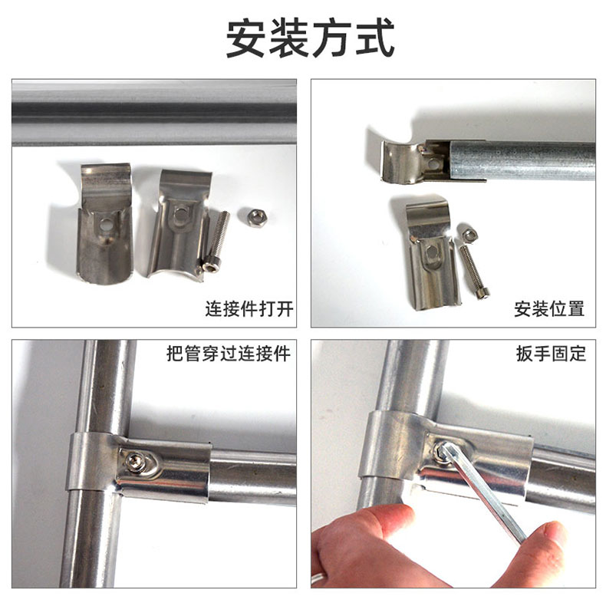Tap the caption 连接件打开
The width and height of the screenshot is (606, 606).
tap(249, 309)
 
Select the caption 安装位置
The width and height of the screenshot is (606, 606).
tap(549, 309)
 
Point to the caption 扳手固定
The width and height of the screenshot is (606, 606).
tap(551, 354)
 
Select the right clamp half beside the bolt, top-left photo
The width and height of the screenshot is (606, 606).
tap(177, 222)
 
